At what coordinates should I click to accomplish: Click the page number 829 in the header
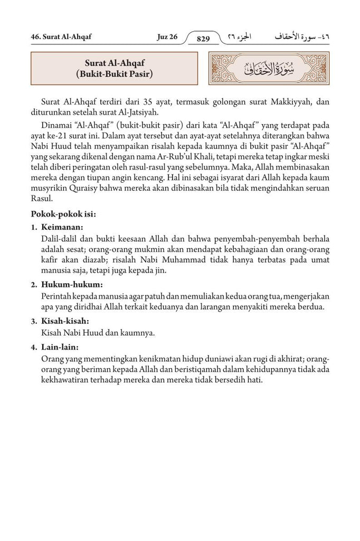coord(203,39)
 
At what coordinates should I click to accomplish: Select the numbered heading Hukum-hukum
coord(68,285)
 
